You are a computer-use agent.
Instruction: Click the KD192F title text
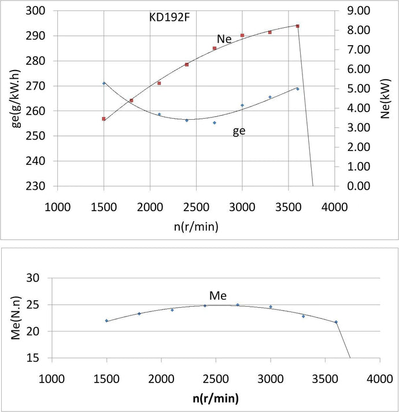[170, 16]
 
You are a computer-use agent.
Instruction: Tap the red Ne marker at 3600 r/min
[298, 26]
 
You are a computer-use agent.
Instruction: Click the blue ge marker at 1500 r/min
[104, 83]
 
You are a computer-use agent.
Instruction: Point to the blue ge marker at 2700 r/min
[215, 123]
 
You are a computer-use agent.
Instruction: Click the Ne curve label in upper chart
[225, 39]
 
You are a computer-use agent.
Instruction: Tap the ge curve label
[239, 131]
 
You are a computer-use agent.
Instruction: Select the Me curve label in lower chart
[217, 296]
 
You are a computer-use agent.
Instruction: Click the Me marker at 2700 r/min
[238, 305]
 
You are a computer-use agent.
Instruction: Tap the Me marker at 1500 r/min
[106, 321]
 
